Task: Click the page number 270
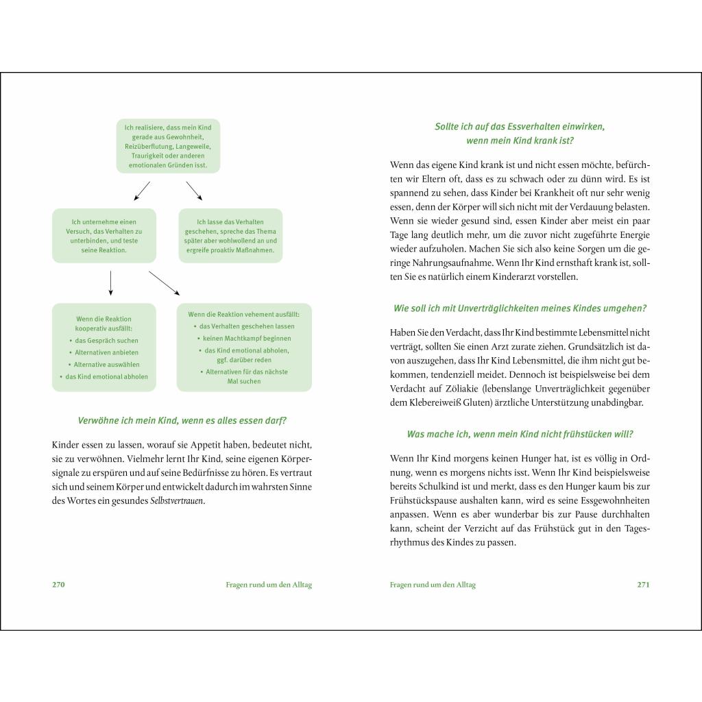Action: coord(58,585)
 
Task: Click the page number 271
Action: coord(643,585)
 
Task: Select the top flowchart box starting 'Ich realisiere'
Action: coord(168,146)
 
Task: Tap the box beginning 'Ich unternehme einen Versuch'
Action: coord(104,236)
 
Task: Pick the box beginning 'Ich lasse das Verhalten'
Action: coord(230,236)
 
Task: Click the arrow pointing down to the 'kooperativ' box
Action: coord(110,283)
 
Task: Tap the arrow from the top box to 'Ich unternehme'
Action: coord(142,191)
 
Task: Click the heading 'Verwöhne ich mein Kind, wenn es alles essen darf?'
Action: coord(182,420)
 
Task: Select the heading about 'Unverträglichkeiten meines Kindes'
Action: coord(520,308)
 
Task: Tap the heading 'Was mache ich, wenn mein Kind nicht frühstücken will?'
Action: coord(520,434)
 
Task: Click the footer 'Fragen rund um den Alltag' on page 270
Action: coord(268,585)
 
